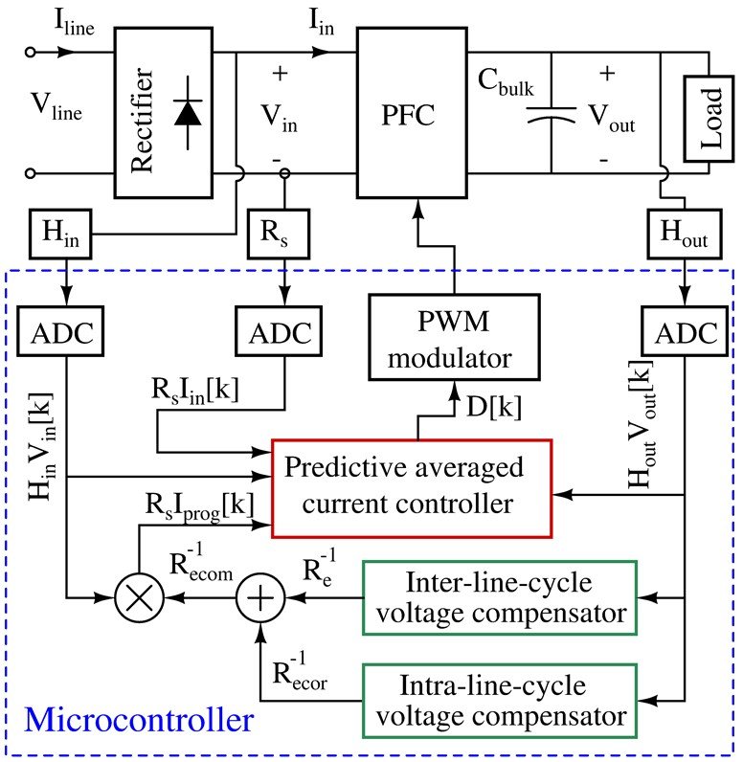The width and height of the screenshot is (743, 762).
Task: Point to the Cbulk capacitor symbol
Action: point(552,121)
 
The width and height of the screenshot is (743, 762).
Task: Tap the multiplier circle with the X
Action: point(139,600)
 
